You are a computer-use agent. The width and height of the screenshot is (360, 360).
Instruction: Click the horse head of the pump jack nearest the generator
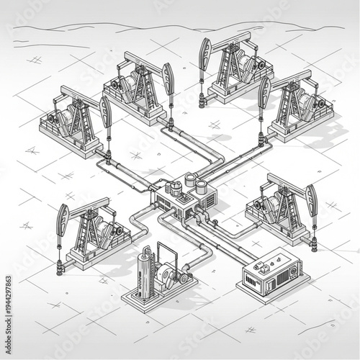click(x=311, y=197)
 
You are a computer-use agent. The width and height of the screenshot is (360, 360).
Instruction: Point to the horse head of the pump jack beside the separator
click(x=63, y=217)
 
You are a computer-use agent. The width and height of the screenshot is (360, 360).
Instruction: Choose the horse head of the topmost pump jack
click(x=205, y=51)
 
